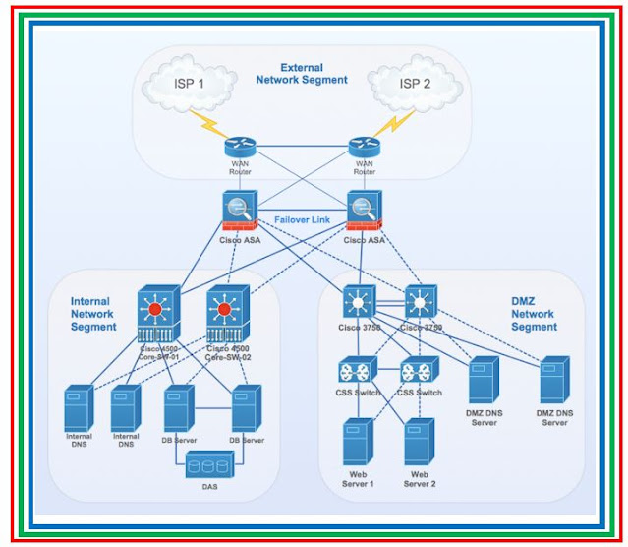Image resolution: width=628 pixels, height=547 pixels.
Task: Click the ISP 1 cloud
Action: click(188, 84)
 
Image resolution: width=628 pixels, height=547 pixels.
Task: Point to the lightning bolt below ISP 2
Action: click(392, 124)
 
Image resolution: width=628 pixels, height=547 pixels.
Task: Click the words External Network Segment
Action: click(301, 73)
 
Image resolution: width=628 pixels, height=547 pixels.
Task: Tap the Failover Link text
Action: click(301, 219)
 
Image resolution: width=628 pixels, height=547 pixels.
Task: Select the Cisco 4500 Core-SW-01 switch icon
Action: click(157, 314)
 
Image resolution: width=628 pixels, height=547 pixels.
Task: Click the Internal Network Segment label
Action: click(93, 314)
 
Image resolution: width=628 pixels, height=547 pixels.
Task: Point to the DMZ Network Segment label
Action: click(534, 314)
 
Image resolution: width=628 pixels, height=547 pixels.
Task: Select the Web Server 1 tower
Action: click(356, 444)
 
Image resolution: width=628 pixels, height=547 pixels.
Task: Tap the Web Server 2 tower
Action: click(419, 444)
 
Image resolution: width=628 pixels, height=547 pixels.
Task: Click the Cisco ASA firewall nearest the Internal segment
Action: click(239, 212)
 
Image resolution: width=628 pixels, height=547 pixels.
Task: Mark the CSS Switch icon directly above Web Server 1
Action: click(354, 373)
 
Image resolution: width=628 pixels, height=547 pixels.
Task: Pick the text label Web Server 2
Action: click(419, 479)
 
